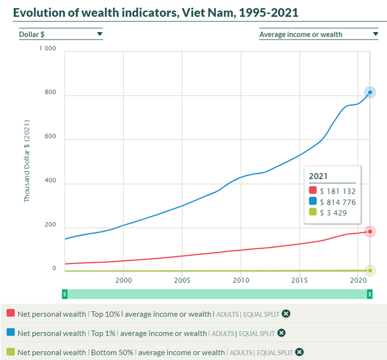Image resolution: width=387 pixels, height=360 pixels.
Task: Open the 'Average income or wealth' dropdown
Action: (x=318, y=35)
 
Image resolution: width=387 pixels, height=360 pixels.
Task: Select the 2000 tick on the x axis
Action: (x=123, y=281)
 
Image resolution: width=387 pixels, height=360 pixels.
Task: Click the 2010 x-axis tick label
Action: (x=241, y=281)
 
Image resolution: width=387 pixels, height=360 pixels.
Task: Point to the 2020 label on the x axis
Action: (x=358, y=281)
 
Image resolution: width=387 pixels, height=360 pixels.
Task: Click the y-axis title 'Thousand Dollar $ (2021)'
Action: (x=27, y=161)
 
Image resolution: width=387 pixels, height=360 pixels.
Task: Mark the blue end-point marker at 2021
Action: (x=370, y=92)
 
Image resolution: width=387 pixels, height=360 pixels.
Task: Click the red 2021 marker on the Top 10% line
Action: (x=370, y=231)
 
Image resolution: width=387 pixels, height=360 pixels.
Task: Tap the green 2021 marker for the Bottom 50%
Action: (x=370, y=271)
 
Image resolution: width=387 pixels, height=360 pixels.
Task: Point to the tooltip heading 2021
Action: (x=318, y=176)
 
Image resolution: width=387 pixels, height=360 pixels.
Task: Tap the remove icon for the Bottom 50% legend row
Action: (x=298, y=352)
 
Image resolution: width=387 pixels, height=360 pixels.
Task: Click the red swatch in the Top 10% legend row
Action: (x=10, y=313)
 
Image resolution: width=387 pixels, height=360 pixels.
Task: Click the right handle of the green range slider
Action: (x=369, y=294)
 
